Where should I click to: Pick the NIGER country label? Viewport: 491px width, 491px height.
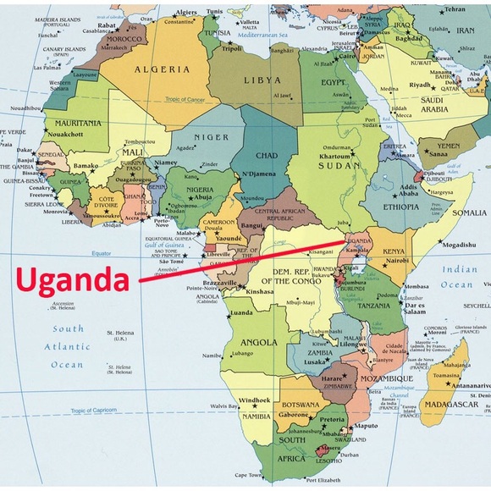coord(210,135)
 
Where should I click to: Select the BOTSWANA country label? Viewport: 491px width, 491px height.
coord(301,404)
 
